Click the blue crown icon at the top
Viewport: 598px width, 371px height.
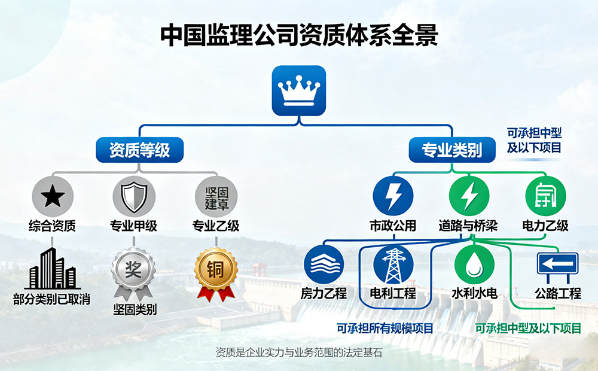click(299, 90)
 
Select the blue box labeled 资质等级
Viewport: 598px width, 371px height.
click(139, 150)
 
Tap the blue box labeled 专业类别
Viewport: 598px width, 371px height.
click(452, 150)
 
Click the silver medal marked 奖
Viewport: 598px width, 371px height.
click(133, 270)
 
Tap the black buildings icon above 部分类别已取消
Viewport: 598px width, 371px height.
click(52, 269)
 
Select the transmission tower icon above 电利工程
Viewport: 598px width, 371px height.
click(393, 264)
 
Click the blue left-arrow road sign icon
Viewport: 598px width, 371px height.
click(557, 264)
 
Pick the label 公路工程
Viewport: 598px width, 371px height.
click(558, 294)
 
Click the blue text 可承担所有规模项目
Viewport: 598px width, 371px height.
click(385, 328)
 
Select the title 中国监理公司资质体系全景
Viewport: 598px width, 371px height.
click(299, 35)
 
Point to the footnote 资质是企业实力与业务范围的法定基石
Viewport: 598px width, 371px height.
click(298, 353)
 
